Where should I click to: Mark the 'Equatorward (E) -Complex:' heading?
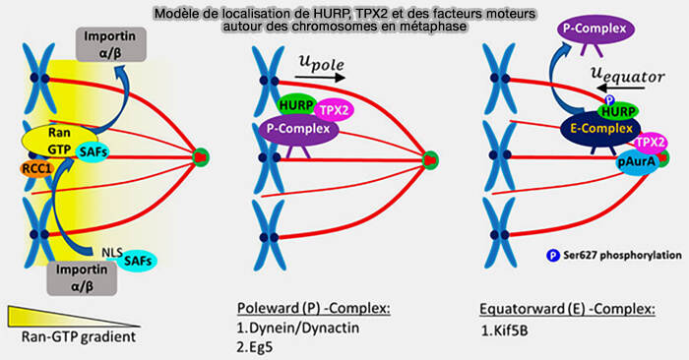coord(553,308)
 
